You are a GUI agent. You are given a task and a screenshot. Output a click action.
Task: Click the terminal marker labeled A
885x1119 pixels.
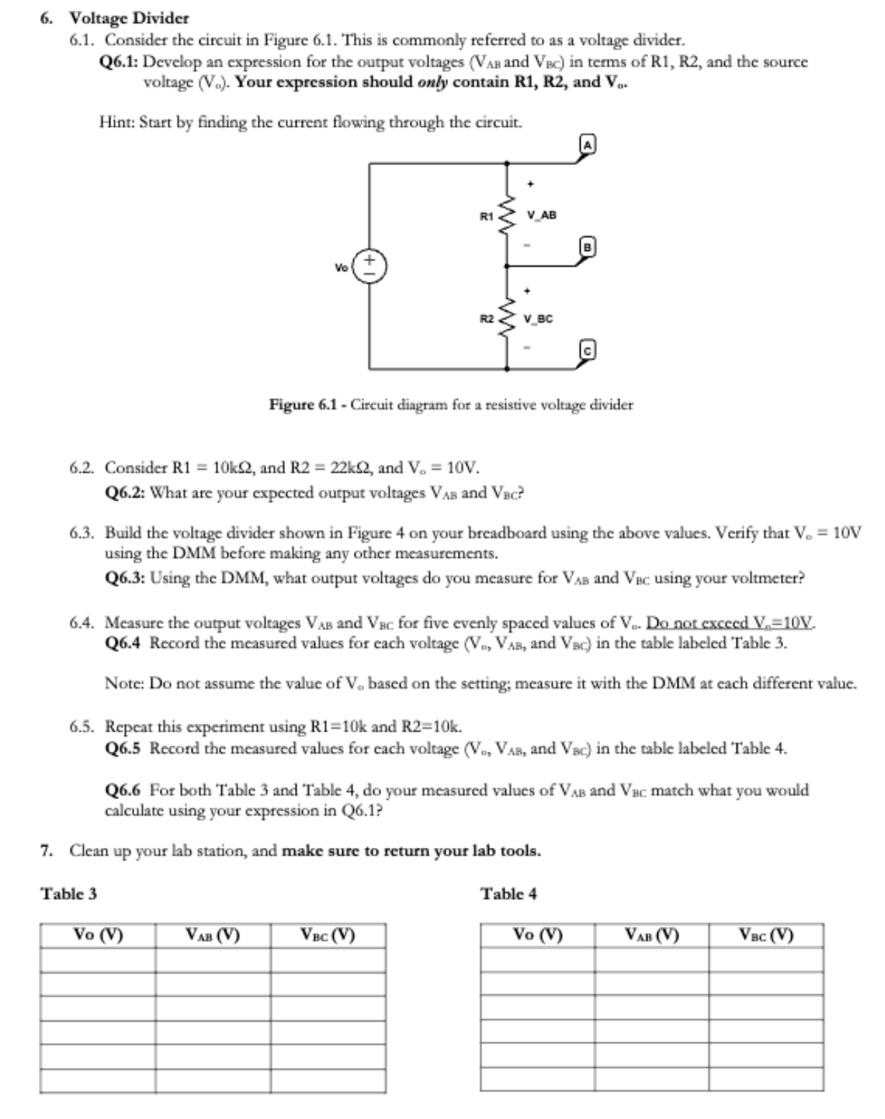[x=588, y=144]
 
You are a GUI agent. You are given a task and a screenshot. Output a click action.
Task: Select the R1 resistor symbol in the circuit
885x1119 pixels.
[x=507, y=214]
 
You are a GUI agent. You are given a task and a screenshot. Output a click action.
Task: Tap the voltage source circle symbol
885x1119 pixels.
[x=370, y=266]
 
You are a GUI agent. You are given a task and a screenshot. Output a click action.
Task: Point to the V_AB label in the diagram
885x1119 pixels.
[x=541, y=214]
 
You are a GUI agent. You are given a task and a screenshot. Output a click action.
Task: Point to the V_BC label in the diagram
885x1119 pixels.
[x=538, y=318]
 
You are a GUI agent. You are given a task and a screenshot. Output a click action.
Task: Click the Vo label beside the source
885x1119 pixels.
[x=341, y=267]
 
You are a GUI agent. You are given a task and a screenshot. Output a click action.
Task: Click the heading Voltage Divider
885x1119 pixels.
[x=128, y=18]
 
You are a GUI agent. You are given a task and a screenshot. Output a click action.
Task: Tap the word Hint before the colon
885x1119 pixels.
[x=116, y=122]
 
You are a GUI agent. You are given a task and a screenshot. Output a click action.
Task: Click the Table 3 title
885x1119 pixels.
[x=68, y=894]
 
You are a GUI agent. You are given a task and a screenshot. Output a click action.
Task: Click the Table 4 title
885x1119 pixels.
[x=509, y=894]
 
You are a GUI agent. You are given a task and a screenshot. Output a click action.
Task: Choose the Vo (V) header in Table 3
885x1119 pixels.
[x=98, y=935]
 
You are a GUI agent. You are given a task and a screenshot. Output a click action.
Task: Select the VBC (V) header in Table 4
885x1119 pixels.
[x=766, y=935]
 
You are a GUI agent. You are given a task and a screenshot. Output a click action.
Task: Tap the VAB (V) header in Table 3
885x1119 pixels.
[x=212, y=935]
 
